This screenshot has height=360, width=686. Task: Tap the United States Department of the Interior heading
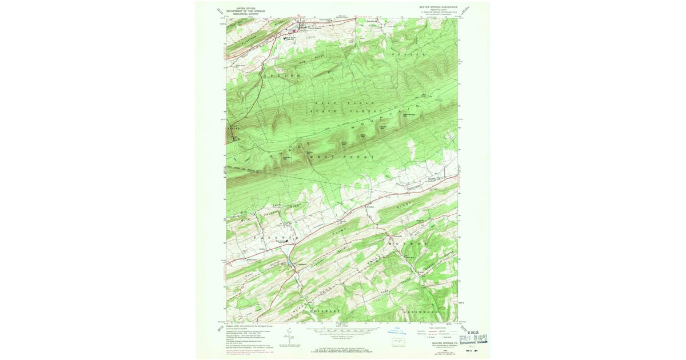pyautogui.click(x=246, y=10)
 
